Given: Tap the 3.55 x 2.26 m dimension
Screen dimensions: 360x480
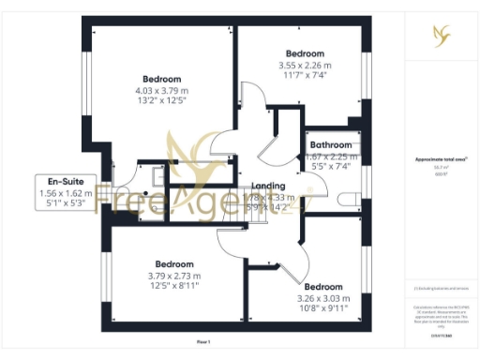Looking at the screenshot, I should (306, 66).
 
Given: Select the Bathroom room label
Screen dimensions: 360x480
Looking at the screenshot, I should (332, 145).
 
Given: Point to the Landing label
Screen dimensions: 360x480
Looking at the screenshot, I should (268, 186).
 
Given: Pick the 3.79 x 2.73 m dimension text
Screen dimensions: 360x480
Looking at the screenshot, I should (173, 276).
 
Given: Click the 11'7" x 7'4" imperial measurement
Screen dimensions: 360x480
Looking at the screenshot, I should (306, 76).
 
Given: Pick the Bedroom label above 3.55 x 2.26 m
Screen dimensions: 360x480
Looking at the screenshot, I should (306, 53).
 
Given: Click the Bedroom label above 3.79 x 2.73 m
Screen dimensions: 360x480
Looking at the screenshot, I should (173, 263).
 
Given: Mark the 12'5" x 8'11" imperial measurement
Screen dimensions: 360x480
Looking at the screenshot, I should (173, 286).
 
